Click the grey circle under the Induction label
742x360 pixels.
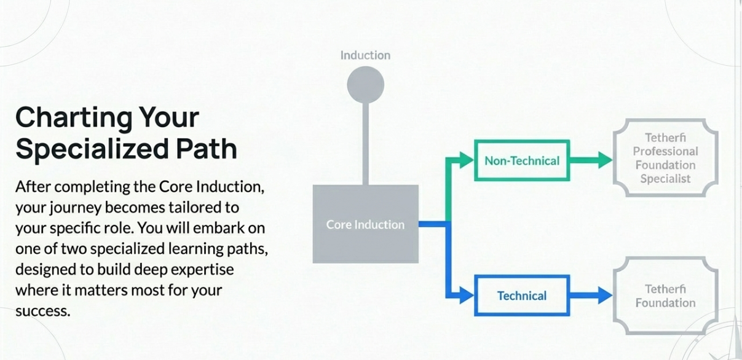point(365,85)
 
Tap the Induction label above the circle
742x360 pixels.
point(365,55)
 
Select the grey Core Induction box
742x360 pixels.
point(365,224)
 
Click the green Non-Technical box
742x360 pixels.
point(522,161)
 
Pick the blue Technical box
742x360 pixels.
point(522,295)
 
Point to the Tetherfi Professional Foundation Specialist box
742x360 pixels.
point(665,158)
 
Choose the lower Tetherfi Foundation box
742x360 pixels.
point(665,295)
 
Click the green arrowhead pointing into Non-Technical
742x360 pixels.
point(468,161)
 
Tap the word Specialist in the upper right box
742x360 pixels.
point(665,179)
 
